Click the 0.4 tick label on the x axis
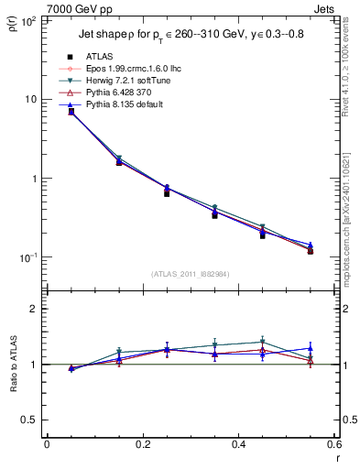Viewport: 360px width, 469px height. (238, 444)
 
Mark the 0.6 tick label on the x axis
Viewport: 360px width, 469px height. (333, 444)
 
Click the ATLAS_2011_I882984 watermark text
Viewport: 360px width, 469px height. (190, 274)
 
